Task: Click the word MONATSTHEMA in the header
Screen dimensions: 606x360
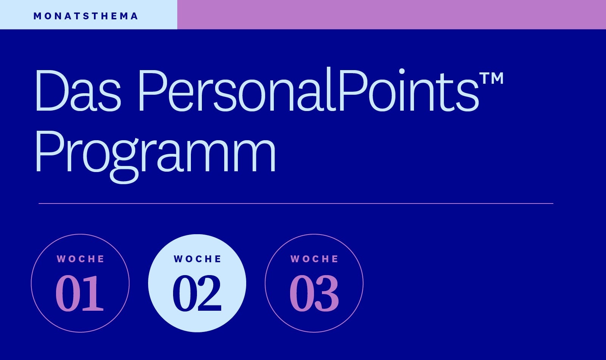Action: (86, 16)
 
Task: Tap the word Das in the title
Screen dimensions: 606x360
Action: (78, 91)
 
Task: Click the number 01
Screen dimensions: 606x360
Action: (80, 293)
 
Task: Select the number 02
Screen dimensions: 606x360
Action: (197, 293)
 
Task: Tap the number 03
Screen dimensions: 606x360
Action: (314, 293)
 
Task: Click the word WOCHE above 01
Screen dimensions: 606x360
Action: (80, 259)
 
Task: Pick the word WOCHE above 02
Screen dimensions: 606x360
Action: (197, 259)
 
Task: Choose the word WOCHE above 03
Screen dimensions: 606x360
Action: (314, 259)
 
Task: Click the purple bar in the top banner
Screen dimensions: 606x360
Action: (392, 15)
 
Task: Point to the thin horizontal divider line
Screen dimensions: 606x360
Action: (296, 203)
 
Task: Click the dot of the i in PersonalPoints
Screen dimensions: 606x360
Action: (402, 71)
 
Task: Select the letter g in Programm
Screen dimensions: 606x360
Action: (125, 161)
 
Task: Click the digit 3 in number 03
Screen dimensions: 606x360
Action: (327, 293)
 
